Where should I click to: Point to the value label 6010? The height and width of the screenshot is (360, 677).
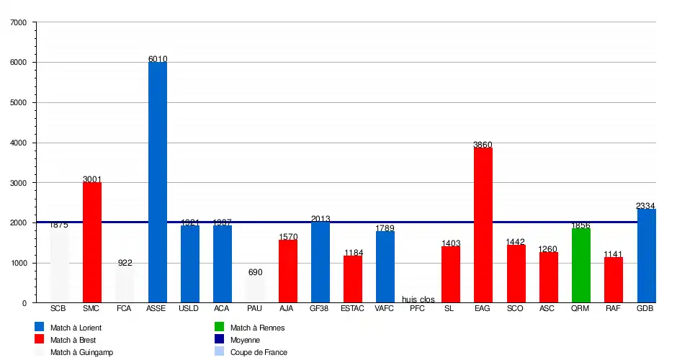(158, 59)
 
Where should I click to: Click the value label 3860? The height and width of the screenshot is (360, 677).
(483, 145)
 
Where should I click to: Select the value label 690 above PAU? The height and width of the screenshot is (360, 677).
(255, 272)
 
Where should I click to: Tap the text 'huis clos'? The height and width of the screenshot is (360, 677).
(418, 299)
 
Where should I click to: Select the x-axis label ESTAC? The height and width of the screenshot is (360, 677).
(352, 308)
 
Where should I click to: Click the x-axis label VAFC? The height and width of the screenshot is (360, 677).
(385, 308)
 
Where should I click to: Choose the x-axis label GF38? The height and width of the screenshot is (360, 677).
(320, 308)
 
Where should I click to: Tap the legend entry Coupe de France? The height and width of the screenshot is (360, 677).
(259, 352)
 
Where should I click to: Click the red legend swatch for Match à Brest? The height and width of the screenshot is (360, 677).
(40, 340)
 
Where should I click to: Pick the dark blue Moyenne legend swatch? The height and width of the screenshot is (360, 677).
(220, 340)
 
